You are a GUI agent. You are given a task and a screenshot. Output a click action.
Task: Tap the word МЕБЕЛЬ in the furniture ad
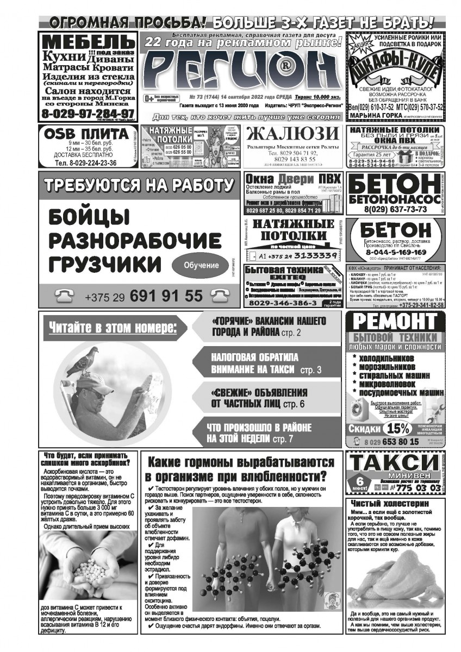click(87, 42)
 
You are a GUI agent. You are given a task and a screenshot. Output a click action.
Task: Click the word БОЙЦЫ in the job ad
click(90, 219)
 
